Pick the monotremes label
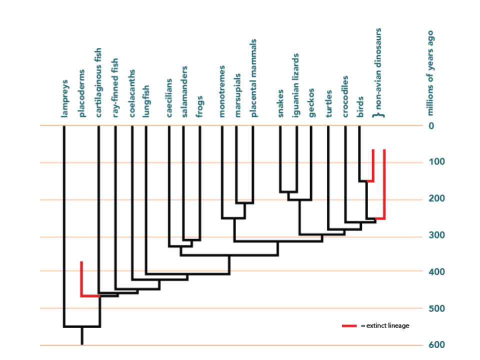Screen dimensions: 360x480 [x=222, y=91]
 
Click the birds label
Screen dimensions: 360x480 [x=360, y=106]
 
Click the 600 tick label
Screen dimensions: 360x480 [x=435, y=345]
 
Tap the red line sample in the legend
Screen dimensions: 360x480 [x=349, y=326]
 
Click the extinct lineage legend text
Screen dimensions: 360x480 [x=384, y=326]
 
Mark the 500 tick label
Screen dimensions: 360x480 [x=435, y=308]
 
